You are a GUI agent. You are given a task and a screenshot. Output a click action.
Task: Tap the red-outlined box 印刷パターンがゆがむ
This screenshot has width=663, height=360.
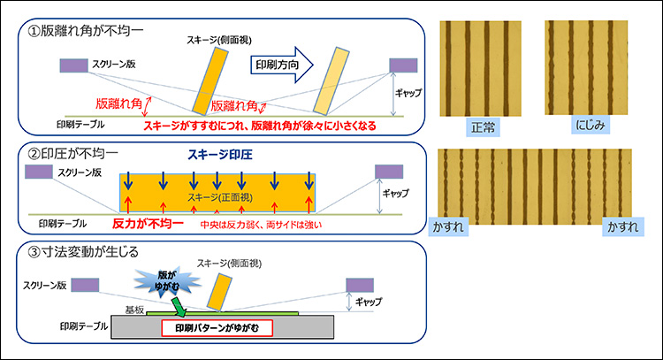tap(217, 327)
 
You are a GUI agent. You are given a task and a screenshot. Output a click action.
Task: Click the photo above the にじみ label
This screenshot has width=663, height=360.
tap(589, 67)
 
